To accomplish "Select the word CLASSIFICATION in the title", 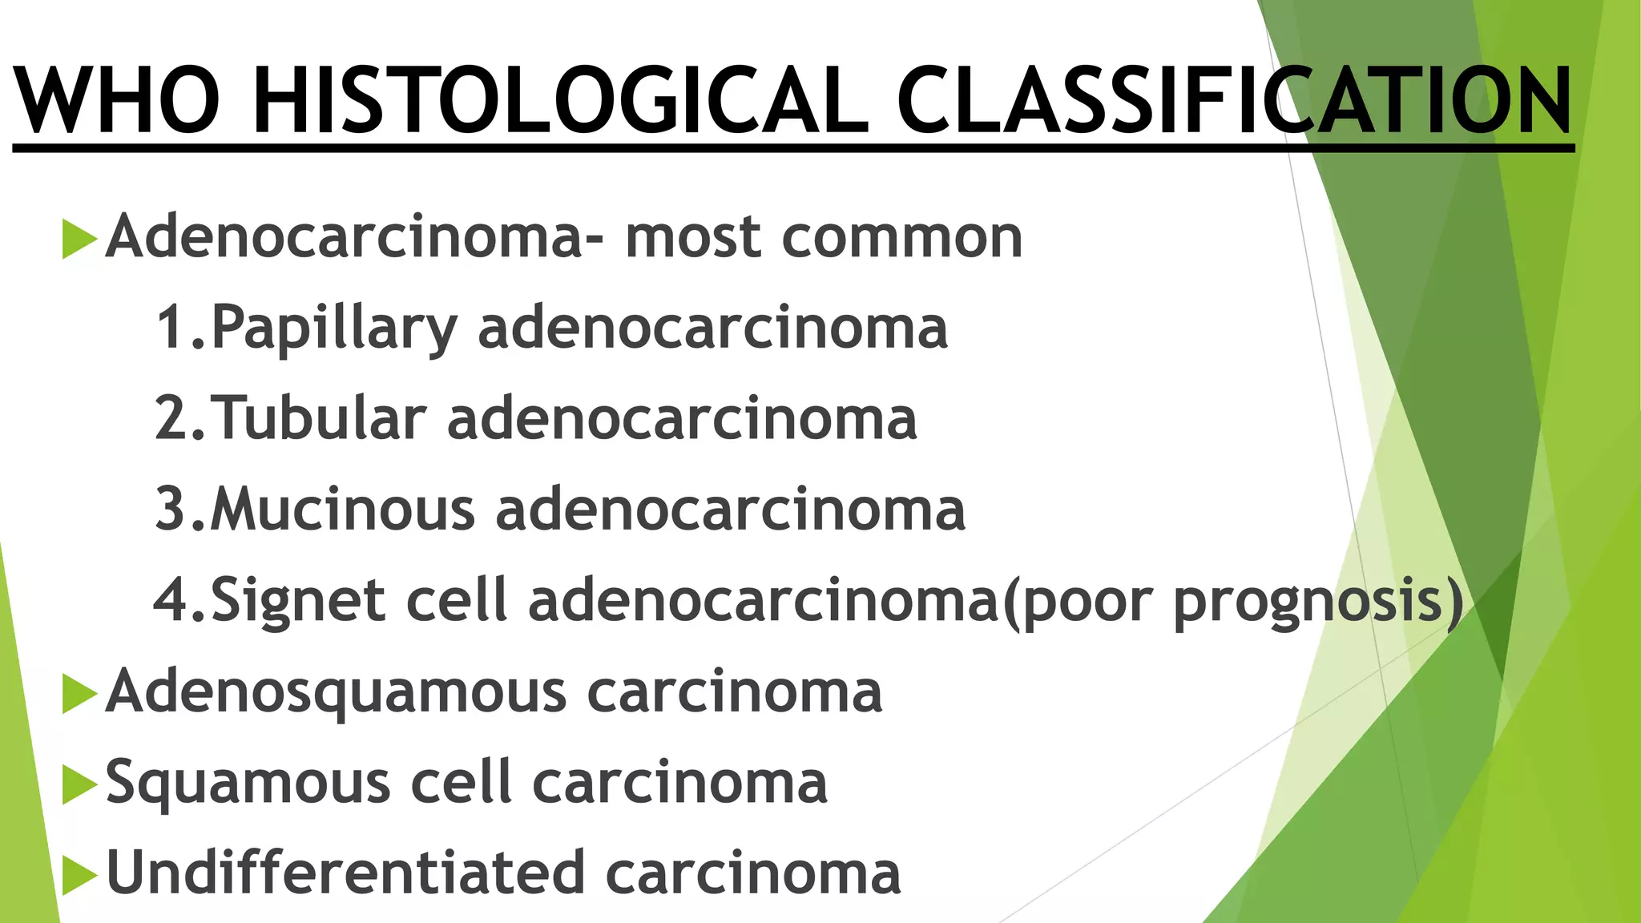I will pos(1235,102).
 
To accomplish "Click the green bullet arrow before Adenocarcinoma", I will pos(79,238).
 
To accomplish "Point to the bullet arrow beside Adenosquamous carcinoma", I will pos(79,692).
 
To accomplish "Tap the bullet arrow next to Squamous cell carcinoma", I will pos(79,784).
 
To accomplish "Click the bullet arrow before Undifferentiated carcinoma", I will pos(79,874).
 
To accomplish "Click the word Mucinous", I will pos(343,510).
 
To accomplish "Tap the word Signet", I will pos(297,601).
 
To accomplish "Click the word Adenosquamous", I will pos(337,692).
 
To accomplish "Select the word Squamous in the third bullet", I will pos(248,784).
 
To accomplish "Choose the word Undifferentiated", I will pos(345,873).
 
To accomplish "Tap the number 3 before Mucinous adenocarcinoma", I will pos(171,510).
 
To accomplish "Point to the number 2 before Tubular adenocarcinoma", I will pos(171,418).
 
